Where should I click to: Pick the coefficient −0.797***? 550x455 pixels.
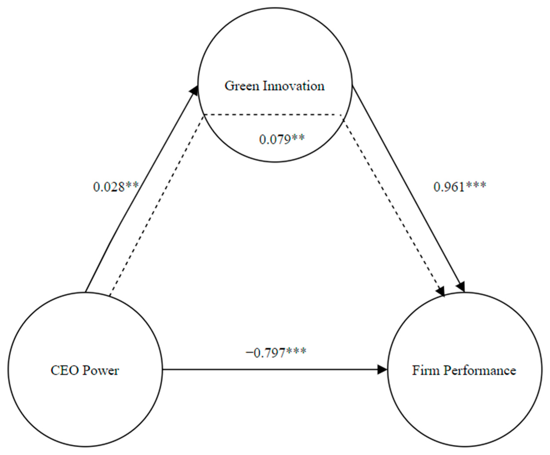[276, 353]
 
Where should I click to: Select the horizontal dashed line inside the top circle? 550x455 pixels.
[272, 115]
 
